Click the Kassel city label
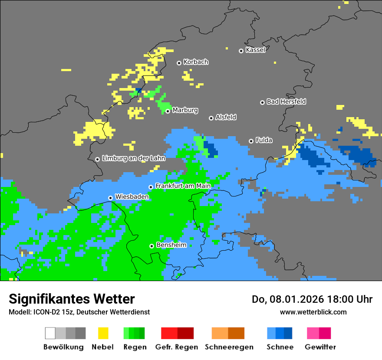tap(255, 50)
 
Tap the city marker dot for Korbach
tap(179, 63)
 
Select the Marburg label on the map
tap(185, 110)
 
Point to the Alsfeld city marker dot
tap(211, 118)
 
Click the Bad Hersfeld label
tap(286, 101)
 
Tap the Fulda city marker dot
tap(251, 141)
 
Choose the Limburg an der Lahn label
tap(133, 158)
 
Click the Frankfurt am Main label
tap(183, 186)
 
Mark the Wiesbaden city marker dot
tap(110, 198)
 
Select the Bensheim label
tap(171, 245)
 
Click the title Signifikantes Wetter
tap(72, 299)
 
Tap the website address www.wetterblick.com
tap(313, 312)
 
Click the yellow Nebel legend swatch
tap(103, 333)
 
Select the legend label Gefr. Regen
tap(177, 347)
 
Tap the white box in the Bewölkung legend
tap(50, 333)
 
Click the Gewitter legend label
tap(320, 347)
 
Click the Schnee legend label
tap(280, 347)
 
